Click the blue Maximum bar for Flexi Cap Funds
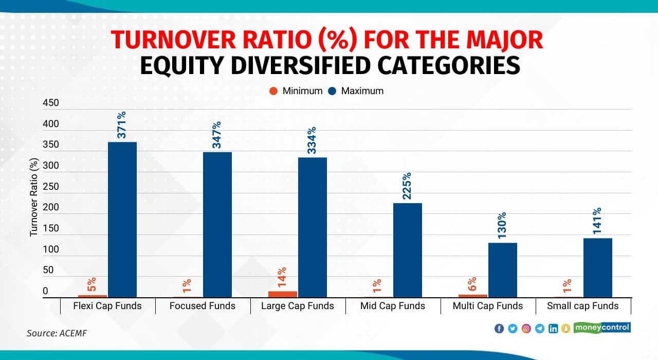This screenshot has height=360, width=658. click(x=122, y=220)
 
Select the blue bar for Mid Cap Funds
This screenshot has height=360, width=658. click(x=408, y=250)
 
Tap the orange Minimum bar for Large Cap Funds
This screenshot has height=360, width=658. click(x=283, y=294)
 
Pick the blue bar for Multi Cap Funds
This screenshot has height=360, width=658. click(x=503, y=270)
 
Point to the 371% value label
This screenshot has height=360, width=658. click(x=121, y=125)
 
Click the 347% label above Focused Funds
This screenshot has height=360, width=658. click(x=216, y=135)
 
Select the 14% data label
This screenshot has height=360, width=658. click(x=281, y=277)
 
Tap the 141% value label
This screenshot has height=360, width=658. click(x=597, y=221)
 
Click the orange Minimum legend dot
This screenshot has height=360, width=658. click(x=273, y=91)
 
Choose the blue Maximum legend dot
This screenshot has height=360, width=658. click(x=332, y=91)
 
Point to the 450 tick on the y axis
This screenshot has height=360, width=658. click(x=51, y=103)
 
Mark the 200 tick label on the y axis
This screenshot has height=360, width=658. click(x=51, y=207)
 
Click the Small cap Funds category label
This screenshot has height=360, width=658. click(x=583, y=306)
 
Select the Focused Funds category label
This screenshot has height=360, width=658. click(x=203, y=306)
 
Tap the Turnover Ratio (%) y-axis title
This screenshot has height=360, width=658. click(x=34, y=197)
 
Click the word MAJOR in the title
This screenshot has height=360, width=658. click(x=505, y=40)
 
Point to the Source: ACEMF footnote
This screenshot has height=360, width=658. click(x=57, y=333)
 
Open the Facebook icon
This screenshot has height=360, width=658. click(x=499, y=328)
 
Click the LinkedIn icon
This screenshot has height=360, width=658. click(x=553, y=328)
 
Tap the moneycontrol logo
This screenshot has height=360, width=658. click(x=602, y=328)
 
